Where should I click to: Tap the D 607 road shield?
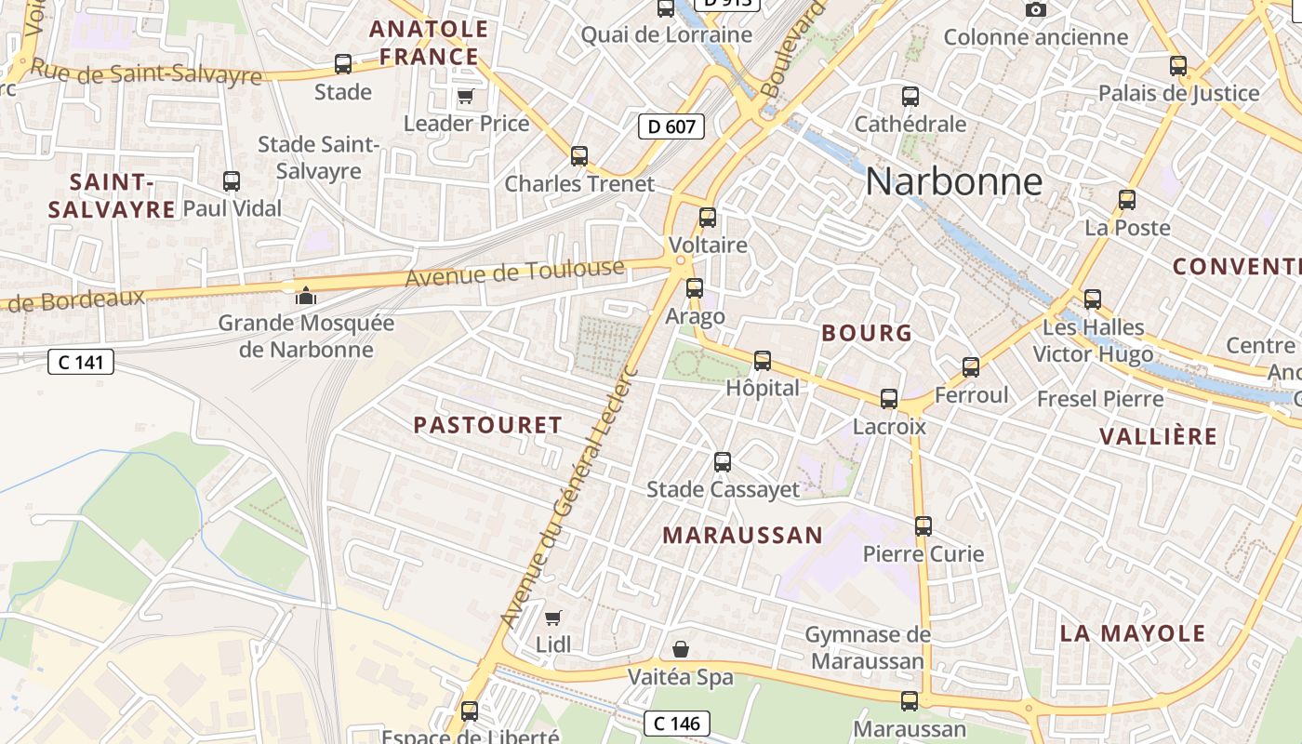pos(671,126)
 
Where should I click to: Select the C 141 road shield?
pos(81,362)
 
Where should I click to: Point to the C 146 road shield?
pos(677,723)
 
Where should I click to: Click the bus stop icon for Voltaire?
pos(708,218)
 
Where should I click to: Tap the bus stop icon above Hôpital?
pos(763,360)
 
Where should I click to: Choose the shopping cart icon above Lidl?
pos(553,617)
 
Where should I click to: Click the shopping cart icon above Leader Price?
pos(466,96)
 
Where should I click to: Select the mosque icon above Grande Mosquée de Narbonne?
pos(305,296)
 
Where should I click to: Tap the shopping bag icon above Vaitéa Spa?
pos(681,648)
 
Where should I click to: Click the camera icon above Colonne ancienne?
pos(1035,10)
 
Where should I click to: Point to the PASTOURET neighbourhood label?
pos(488,425)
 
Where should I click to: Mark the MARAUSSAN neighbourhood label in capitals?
pos(742,535)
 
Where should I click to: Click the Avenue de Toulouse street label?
pos(515,272)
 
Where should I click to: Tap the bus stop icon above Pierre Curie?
pos(923,526)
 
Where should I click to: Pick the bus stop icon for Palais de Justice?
pos(1178,66)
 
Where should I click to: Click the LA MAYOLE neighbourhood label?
pos(1133,633)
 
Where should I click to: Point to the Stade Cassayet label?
pos(723,489)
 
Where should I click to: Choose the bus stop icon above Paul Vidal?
pos(232,181)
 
